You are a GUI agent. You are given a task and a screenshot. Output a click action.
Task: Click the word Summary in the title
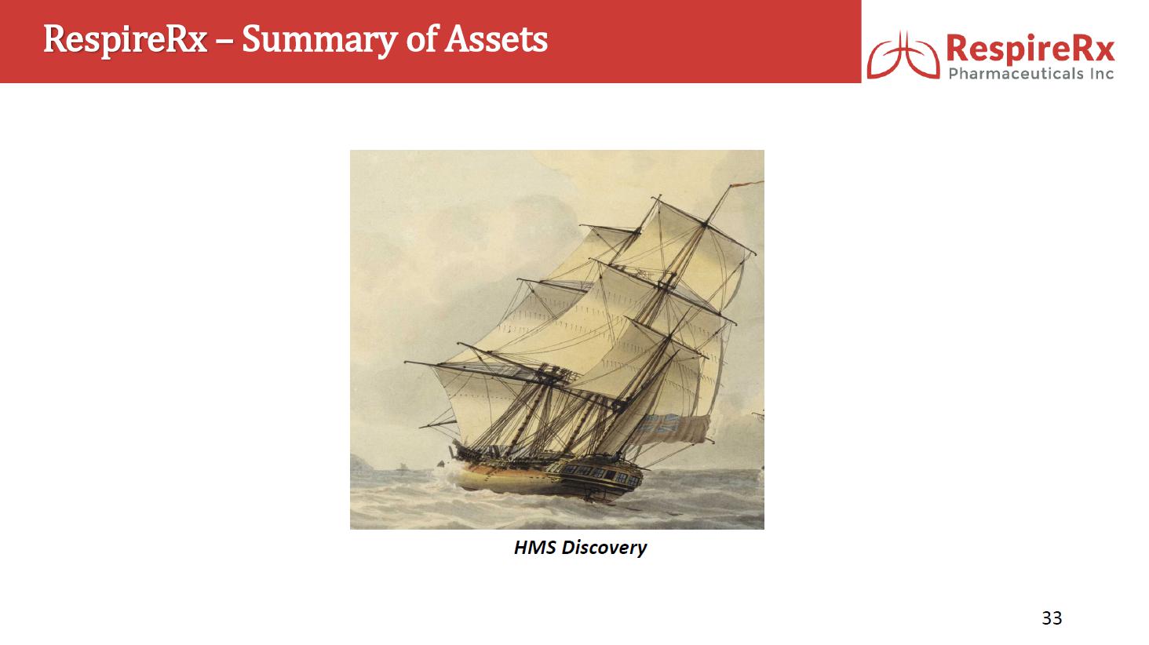click(x=319, y=39)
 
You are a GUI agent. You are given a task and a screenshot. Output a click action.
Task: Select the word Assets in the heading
click(x=496, y=39)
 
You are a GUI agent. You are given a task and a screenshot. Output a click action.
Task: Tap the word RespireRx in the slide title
click(x=125, y=40)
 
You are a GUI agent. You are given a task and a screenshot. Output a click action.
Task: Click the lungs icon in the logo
click(x=903, y=56)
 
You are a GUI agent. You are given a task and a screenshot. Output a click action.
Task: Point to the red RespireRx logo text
click(x=1030, y=49)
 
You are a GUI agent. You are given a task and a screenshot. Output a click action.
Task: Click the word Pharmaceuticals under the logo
click(x=1016, y=74)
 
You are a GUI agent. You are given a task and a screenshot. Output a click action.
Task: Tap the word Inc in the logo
click(x=1102, y=74)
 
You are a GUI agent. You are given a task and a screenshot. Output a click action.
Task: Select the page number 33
click(x=1052, y=618)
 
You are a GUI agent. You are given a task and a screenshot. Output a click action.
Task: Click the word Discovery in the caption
click(x=604, y=548)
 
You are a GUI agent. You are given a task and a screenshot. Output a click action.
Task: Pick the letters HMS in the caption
click(x=534, y=547)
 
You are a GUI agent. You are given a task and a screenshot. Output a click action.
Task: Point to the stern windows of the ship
click(x=602, y=474)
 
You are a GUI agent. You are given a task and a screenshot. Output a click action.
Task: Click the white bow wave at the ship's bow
click(x=447, y=479)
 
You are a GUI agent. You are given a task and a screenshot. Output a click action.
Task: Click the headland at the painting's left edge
click(x=361, y=463)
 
